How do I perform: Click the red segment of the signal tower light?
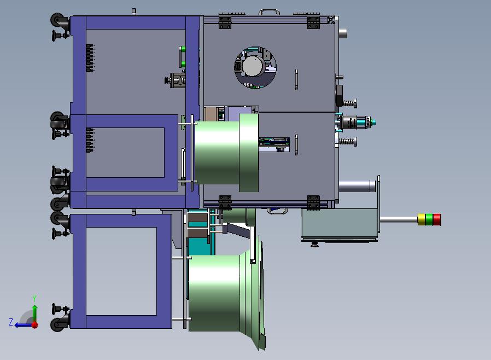pyautogui.click(x=437, y=219)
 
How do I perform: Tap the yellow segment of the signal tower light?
pyautogui.click(x=422, y=219)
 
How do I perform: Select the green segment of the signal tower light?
pyautogui.click(x=429, y=219)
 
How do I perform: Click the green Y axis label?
pyautogui.click(x=34, y=298)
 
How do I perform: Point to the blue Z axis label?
pyautogui.click(x=11, y=322)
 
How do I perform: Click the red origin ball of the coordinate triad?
pyautogui.click(x=35, y=325)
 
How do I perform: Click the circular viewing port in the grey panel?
pyautogui.click(x=255, y=67)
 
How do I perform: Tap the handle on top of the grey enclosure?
pyautogui.click(x=269, y=12)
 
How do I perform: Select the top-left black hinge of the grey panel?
pyautogui.click(x=225, y=22)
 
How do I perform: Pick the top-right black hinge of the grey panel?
pyautogui.click(x=313, y=22)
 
